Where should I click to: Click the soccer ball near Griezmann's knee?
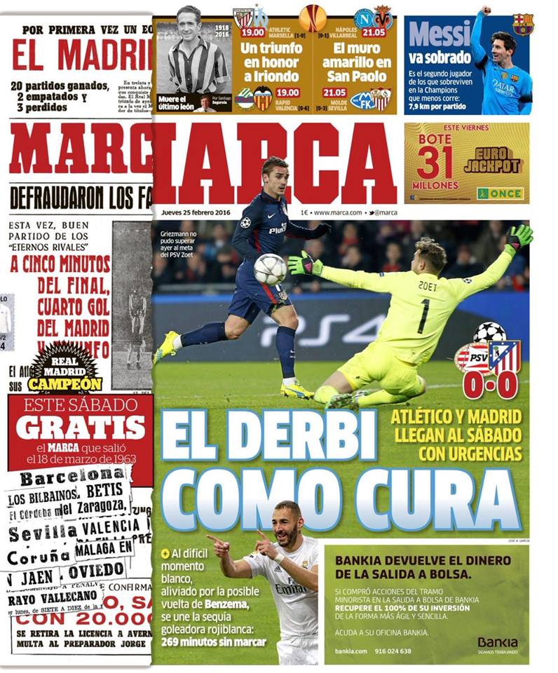(270, 268)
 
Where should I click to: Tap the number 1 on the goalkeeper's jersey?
(423, 315)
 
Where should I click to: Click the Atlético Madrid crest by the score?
(504, 356)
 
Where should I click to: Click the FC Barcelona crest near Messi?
(522, 25)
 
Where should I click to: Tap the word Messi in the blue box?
(438, 34)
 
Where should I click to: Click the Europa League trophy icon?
(313, 18)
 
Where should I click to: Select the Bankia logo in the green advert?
(497, 642)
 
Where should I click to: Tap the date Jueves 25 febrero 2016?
(191, 212)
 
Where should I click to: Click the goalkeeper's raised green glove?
(519, 237)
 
